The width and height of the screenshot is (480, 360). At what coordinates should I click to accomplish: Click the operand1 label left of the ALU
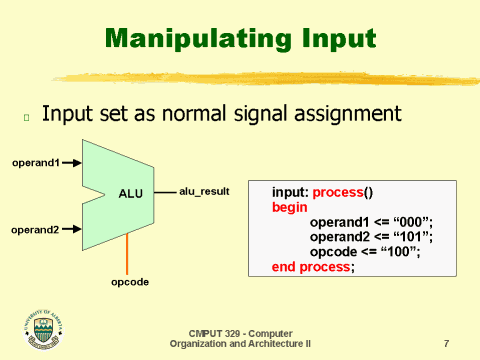click(x=36, y=161)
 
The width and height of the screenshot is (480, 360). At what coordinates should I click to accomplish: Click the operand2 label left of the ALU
click(x=36, y=230)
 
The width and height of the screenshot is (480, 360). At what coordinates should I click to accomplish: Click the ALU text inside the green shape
click(x=132, y=193)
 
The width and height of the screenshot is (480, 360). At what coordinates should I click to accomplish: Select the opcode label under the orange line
click(x=129, y=282)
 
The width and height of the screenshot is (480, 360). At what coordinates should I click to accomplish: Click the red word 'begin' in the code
click(x=289, y=206)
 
